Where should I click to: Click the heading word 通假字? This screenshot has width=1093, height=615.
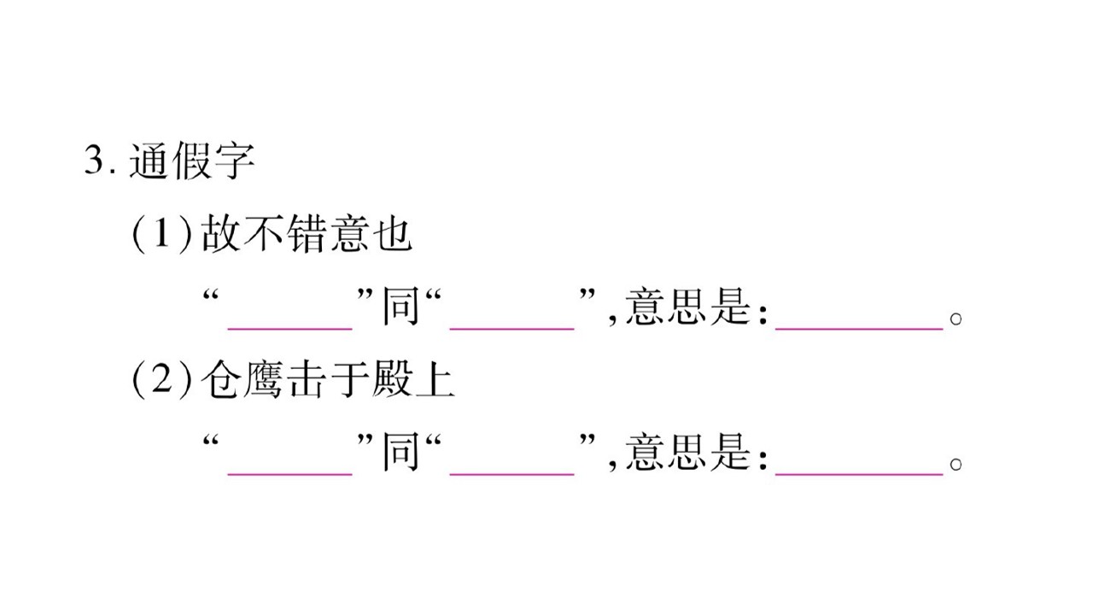click(x=192, y=160)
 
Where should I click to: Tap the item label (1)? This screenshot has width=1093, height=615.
click(x=162, y=234)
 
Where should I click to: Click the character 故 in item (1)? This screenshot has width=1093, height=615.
click(x=220, y=233)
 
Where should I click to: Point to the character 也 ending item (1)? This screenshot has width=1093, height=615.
click(x=393, y=233)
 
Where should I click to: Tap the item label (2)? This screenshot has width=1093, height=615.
click(x=162, y=379)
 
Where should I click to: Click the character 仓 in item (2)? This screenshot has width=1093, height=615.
click(x=220, y=379)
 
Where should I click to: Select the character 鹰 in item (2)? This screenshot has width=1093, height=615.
click(x=264, y=379)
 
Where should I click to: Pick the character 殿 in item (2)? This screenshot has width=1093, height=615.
click(x=392, y=379)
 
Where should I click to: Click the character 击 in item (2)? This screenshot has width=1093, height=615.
click(x=307, y=379)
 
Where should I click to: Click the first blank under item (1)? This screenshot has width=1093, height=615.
click(x=289, y=329)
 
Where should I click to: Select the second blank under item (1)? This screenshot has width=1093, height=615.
click(x=511, y=329)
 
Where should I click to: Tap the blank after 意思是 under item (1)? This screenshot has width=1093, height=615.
click(x=859, y=329)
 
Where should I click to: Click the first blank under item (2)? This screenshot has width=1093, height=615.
click(x=289, y=473)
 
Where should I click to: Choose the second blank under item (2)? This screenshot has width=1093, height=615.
click(x=511, y=473)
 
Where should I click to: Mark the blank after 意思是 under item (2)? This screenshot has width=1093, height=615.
click(x=859, y=473)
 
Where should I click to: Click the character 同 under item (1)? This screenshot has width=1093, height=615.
click(x=400, y=306)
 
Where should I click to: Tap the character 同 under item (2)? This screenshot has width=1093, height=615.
click(x=400, y=452)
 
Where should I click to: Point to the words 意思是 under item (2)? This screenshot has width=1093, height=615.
click(x=687, y=452)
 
